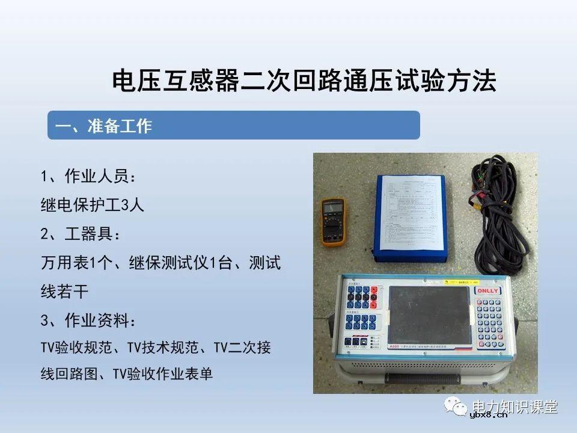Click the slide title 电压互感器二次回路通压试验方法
point(305,81)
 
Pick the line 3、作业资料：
point(89,320)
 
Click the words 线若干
point(64,292)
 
